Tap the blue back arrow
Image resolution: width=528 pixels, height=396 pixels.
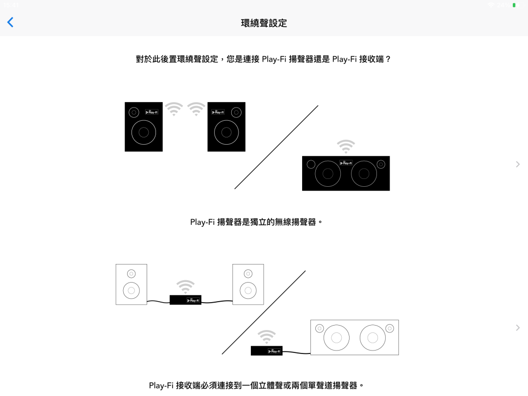[10, 22]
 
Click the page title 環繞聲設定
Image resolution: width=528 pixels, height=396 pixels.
[264, 23]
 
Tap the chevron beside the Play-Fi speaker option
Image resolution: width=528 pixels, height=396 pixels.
[518, 164]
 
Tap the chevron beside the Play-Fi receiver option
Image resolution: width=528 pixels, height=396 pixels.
[518, 328]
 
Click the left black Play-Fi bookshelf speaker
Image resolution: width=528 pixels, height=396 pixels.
[144, 127]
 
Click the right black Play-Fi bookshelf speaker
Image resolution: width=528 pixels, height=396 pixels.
[226, 127]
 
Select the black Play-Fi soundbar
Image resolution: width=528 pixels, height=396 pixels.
[346, 173]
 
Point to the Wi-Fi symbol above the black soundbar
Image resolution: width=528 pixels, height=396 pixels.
[346, 146]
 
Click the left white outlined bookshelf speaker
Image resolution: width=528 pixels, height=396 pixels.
[131, 285]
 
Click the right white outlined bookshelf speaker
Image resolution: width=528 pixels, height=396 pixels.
[248, 285]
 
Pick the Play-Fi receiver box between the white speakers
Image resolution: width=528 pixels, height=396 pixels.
[185, 300]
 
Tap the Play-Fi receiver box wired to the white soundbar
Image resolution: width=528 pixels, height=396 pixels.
[266, 351]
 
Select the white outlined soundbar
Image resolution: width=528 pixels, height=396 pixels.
[354, 337]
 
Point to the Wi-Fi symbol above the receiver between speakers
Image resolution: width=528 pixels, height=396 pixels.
[185, 286]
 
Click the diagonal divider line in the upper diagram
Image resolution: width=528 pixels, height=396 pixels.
[276, 147]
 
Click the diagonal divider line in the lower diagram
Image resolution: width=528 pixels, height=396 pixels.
[264, 312]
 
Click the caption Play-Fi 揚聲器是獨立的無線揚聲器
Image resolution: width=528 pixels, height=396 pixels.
[257, 222]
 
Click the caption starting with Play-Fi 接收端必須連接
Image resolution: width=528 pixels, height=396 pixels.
[257, 385]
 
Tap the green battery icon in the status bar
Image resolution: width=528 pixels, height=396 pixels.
[514, 5]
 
